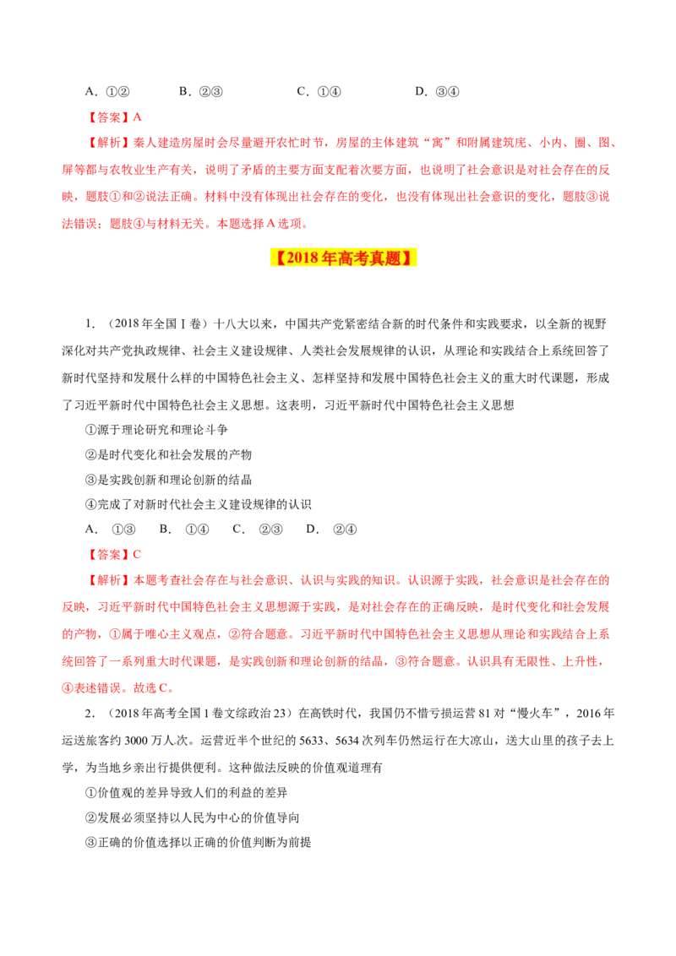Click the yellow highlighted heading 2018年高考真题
coord(343,258)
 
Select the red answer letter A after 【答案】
coord(137,117)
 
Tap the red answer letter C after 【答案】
coord(137,554)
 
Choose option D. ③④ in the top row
coord(437,91)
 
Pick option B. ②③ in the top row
coord(201,91)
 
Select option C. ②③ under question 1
coord(258,530)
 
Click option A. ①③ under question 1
coord(111,530)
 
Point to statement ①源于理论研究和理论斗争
coord(157,430)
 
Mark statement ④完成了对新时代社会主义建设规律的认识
coord(199,504)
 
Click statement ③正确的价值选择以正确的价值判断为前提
coord(199,843)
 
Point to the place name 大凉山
coord(475,741)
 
